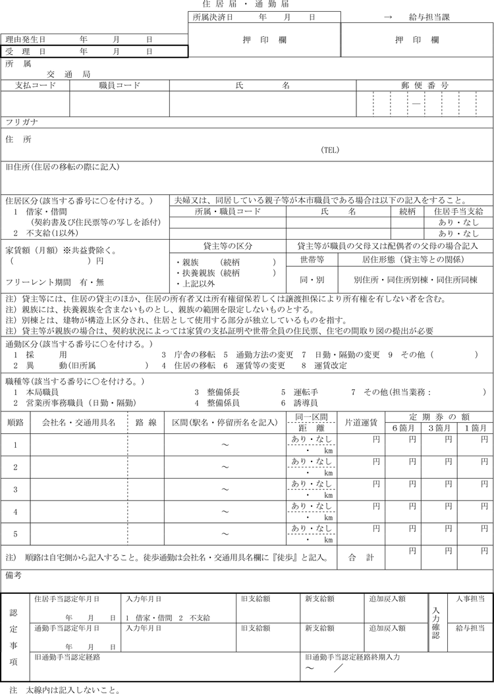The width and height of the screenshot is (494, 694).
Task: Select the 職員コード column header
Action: (x=119, y=86)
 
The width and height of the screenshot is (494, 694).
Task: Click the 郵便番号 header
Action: (x=425, y=86)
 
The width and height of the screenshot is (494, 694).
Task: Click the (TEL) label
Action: (x=330, y=150)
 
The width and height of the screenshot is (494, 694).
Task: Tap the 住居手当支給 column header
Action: (x=459, y=212)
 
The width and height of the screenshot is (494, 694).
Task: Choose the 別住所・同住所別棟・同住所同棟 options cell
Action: (x=415, y=280)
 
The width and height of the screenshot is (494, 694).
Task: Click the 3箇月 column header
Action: (x=439, y=428)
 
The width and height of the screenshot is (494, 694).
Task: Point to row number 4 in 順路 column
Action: (x=16, y=511)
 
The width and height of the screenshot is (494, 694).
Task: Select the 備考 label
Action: (x=14, y=575)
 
